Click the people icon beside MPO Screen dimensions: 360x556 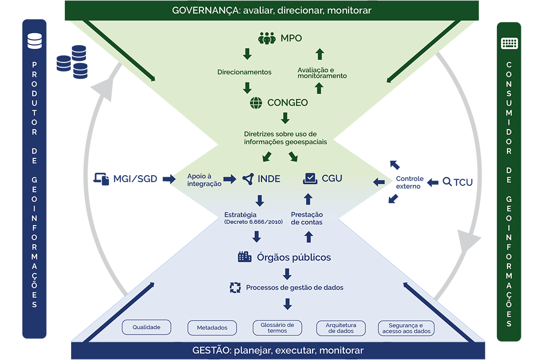[266, 38]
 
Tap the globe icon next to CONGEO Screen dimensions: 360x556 [256, 103]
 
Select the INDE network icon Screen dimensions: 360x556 [248, 179]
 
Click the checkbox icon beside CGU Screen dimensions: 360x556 [310, 179]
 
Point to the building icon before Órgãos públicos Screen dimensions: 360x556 [244, 257]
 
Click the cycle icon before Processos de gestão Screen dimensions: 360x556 [235, 288]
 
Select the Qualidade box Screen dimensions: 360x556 [146, 327]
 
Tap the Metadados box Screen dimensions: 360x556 [212, 328]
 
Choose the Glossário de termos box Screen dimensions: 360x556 [277, 328]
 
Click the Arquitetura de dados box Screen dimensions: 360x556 [341, 328]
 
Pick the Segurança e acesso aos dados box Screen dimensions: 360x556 [406, 328]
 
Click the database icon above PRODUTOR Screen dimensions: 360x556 [35, 41]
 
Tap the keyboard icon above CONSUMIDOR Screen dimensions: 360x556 [509, 43]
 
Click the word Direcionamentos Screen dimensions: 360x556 [244, 72]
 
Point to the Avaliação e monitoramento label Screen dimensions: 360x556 [322, 73]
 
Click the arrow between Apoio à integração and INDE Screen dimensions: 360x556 [230, 179]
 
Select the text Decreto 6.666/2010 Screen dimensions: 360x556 [254, 222]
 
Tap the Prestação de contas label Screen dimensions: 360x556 [307, 218]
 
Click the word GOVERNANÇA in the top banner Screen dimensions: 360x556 [205, 10]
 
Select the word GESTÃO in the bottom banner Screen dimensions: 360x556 [212, 350]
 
